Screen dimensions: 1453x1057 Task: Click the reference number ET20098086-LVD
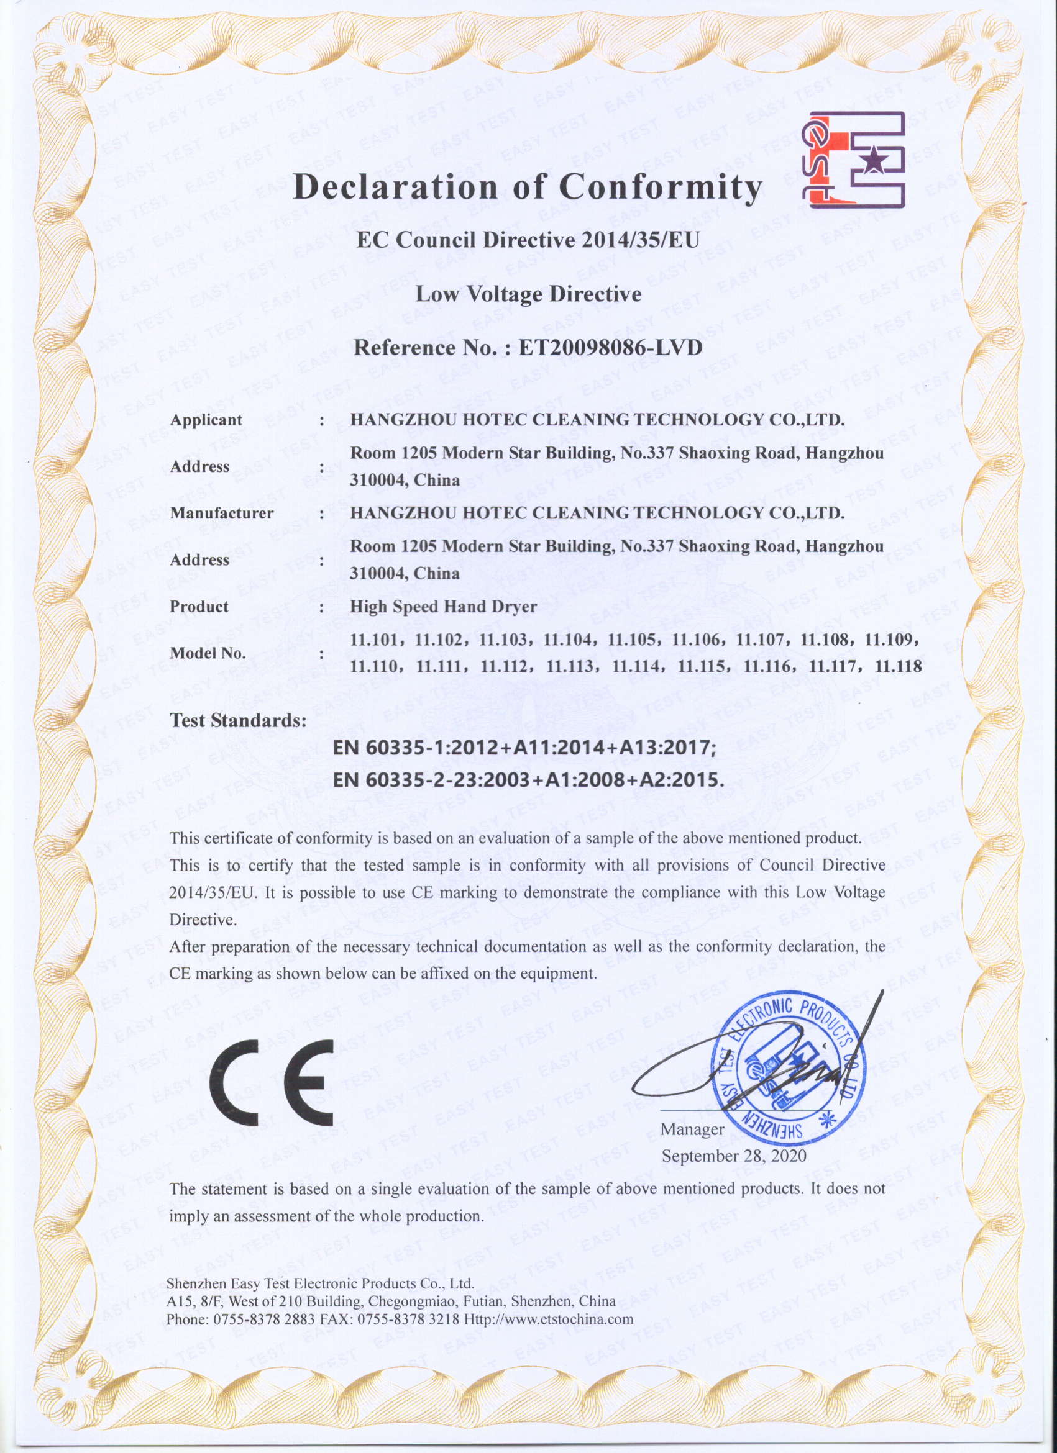point(610,348)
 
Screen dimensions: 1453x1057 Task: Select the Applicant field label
point(206,420)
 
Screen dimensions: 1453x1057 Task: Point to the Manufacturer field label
point(221,513)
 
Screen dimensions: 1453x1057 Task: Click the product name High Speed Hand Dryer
point(443,607)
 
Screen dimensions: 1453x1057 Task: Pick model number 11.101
point(375,640)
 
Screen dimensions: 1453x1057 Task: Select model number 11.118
point(898,666)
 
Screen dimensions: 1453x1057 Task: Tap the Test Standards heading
point(238,721)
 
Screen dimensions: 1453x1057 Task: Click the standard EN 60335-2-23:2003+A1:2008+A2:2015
point(529,780)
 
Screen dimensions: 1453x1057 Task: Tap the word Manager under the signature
point(692,1129)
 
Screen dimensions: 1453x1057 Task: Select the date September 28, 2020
point(734,1156)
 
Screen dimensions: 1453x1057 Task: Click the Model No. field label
point(208,653)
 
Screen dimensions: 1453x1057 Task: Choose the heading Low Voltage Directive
point(528,294)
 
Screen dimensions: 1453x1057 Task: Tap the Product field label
point(199,607)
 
